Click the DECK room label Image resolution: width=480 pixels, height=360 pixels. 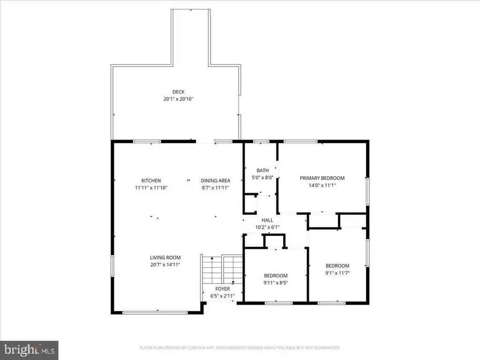(x=179, y=92)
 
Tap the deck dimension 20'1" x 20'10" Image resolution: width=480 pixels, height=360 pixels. (x=179, y=99)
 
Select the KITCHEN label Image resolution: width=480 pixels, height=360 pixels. (x=151, y=180)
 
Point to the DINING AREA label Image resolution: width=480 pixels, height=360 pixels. (x=216, y=180)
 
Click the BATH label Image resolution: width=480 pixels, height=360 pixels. (x=262, y=171)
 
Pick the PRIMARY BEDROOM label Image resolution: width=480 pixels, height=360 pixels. (x=322, y=178)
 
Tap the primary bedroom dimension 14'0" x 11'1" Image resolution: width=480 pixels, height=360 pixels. (x=322, y=185)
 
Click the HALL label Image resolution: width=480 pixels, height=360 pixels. (x=267, y=220)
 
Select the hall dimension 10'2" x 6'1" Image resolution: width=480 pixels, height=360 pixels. (x=267, y=227)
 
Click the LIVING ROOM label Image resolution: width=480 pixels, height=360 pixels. (x=165, y=258)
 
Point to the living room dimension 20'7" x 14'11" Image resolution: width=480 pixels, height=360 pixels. (x=165, y=265)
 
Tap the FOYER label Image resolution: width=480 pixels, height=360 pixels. (x=223, y=289)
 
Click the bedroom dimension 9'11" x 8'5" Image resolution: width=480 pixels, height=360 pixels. (x=276, y=283)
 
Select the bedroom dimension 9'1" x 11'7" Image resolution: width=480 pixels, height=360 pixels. (x=337, y=273)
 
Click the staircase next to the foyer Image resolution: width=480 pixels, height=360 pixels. (x=222, y=270)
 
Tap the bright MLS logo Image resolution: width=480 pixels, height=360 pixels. (x=29, y=350)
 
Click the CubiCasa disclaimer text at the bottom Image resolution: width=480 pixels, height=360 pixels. (x=240, y=348)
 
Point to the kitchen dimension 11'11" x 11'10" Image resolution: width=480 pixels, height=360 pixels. (x=151, y=187)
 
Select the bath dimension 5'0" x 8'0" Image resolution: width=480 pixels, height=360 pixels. (x=262, y=178)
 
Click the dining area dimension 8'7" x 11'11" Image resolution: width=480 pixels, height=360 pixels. (x=216, y=187)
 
